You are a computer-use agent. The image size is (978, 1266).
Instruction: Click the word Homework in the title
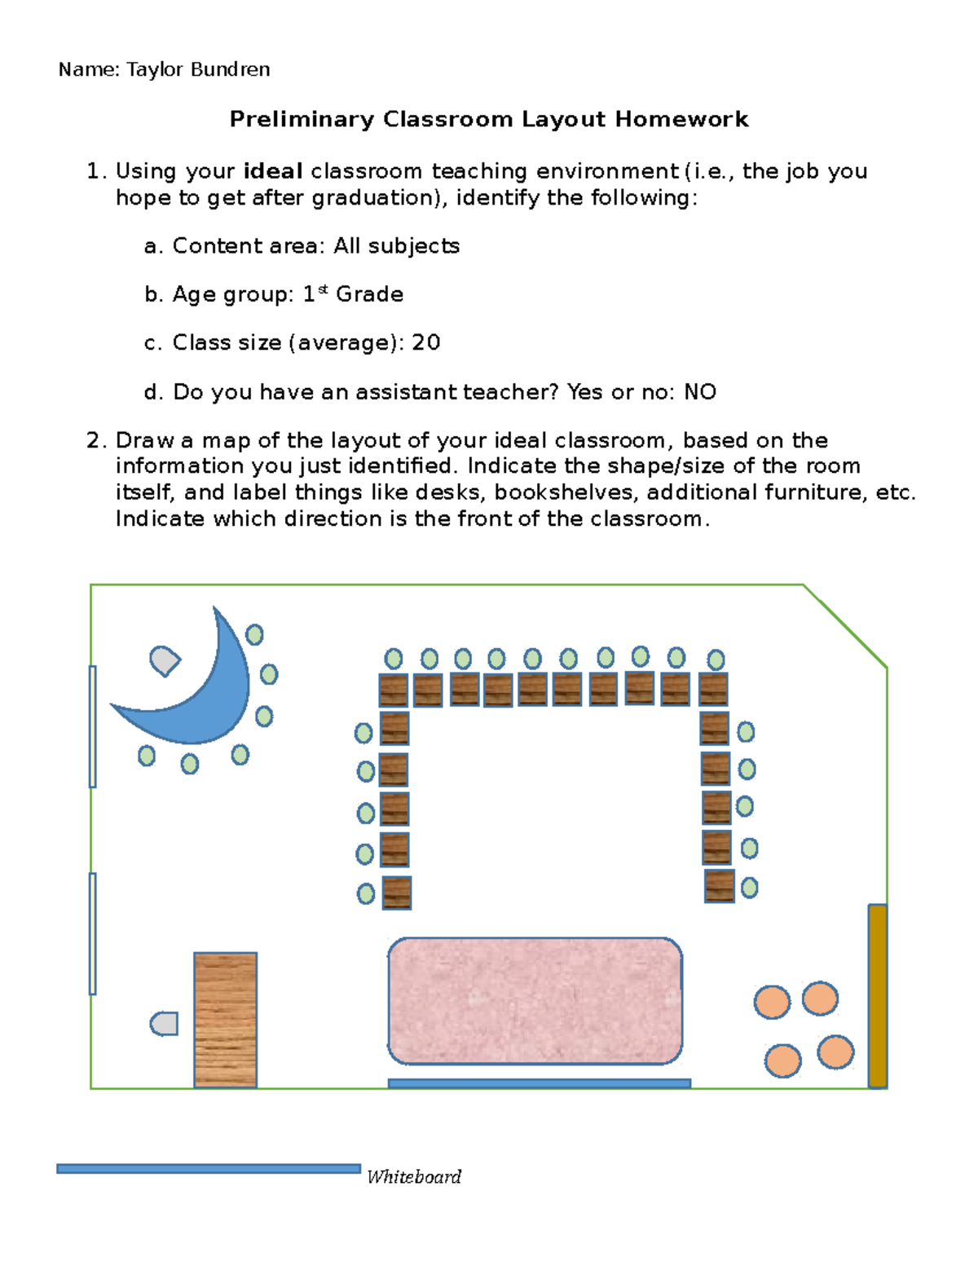point(681,120)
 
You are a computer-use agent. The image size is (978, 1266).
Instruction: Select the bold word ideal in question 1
point(273,172)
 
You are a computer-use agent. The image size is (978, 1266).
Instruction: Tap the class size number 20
point(425,343)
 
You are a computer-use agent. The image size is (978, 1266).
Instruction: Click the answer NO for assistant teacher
point(700,393)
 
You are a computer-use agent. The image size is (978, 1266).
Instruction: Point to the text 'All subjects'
point(396,246)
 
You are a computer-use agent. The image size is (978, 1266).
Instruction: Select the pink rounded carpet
point(535,1001)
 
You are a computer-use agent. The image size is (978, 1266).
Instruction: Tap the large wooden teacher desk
point(226,1019)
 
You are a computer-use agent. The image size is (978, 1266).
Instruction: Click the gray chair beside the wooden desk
point(165,1024)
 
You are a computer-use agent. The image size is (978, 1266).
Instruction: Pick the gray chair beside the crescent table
point(165,660)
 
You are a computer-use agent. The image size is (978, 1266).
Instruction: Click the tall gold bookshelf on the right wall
point(877,995)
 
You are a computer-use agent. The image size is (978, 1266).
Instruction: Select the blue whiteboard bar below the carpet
point(540,1083)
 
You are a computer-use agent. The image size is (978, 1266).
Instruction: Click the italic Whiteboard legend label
point(414,1177)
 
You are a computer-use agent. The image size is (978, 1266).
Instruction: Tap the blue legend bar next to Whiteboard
point(209,1169)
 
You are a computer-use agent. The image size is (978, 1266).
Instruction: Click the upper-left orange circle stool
point(772,1002)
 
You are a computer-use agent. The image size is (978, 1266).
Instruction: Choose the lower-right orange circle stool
point(835,1052)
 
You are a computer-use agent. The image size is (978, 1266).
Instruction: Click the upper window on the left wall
point(93,726)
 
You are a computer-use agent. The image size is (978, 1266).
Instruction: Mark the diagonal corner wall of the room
point(845,626)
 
